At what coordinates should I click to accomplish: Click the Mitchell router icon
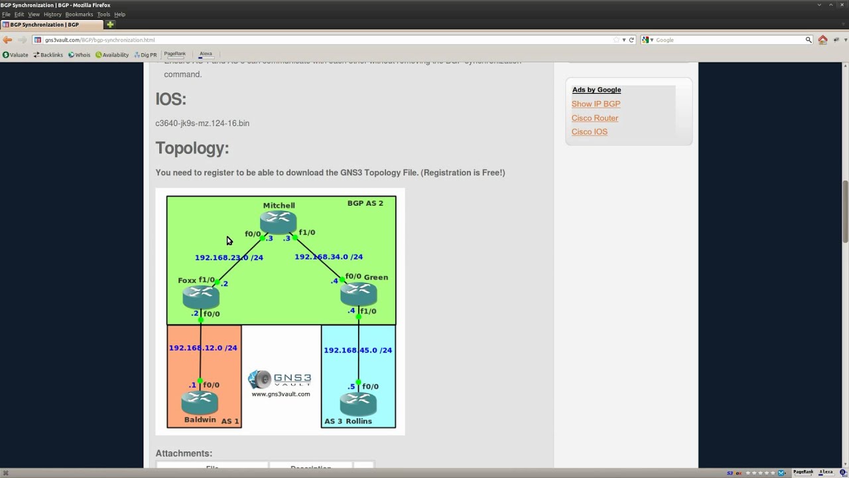pos(279,221)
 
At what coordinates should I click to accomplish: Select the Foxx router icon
pos(200,296)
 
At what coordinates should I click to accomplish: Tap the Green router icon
pos(359,293)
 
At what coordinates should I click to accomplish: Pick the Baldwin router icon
pos(199,402)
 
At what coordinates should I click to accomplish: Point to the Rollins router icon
pos(358,404)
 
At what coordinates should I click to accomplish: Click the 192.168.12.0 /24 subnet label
pos(203,347)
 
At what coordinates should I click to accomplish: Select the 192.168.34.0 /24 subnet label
pos(328,256)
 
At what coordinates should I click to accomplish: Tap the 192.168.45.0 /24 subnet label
pos(358,350)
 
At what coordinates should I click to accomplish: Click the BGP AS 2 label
pos(365,203)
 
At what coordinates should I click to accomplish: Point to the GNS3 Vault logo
pos(280,380)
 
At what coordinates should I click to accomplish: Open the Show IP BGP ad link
pos(596,104)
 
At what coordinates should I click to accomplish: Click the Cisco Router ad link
pos(595,118)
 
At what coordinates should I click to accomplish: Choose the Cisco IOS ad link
pos(590,132)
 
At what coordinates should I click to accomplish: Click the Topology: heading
pos(192,148)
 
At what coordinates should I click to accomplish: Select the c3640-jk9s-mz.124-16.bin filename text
pos(202,123)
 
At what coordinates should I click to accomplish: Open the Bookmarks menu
pos(79,15)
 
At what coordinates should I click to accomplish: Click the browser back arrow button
pos(7,40)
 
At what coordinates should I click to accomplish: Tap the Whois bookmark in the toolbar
pos(80,55)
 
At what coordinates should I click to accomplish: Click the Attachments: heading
pos(184,453)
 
